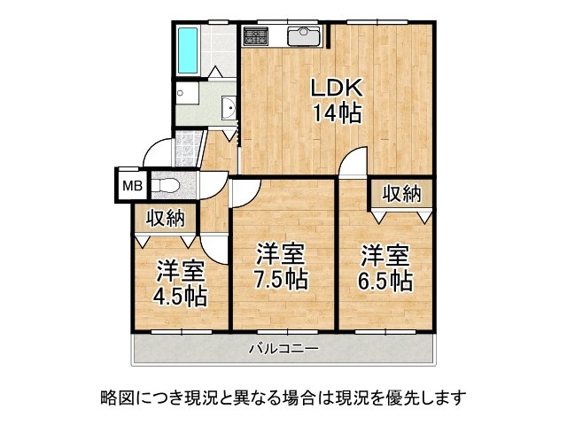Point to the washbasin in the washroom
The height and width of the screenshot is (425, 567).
click(x=228, y=110)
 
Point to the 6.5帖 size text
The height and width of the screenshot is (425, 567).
click(x=386, y=282)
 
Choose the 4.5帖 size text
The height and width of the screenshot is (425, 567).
click(x=183, y=295)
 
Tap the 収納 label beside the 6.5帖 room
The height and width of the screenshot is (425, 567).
click(x=402, y=193)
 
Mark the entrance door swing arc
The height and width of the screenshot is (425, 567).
click(x=157, y=151)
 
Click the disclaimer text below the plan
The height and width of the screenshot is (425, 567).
click(x=283, y=397)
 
